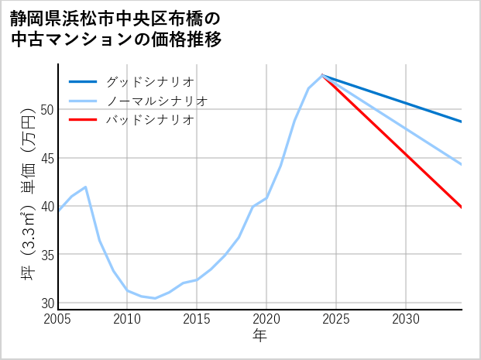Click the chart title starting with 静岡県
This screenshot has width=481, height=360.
coord(116,28)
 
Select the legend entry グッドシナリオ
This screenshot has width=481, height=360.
coord(149,81)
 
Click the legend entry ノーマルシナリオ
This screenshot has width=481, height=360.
coord(156,101)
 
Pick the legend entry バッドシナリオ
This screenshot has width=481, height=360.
coord(149,120)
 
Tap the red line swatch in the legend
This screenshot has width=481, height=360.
coord(83,120)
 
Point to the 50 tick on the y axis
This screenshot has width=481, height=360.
coord(48,110)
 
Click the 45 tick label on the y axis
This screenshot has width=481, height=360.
coord(48,158)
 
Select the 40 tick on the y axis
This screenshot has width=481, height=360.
coord(48,207)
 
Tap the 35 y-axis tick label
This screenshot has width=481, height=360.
coord(48,255)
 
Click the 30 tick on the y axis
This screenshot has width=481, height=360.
coord(48,303)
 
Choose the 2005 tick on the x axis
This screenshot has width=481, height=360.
coord(58,319)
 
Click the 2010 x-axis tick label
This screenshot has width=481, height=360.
coord(127,319)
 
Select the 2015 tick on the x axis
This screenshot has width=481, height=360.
coord(197,319)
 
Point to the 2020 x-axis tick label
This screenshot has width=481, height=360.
coord(266,319)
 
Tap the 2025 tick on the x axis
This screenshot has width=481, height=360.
coord(336,319)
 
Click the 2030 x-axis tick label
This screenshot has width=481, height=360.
coord(406,319)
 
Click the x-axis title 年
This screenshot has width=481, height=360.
coord(259,336)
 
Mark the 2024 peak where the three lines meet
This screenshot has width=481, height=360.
coord(322,75)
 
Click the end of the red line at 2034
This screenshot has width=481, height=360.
coord(462,207)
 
